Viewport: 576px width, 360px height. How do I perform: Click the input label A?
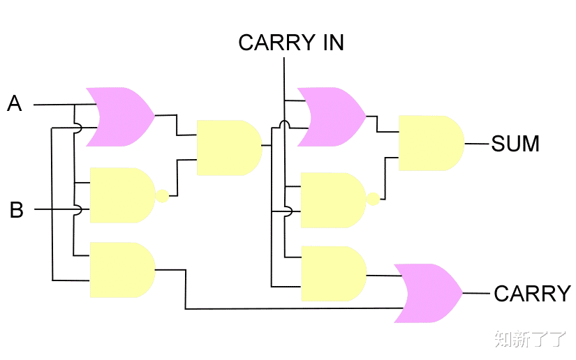click(15, 104)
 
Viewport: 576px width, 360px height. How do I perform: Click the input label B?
click(16, 209)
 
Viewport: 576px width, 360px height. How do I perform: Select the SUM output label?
click(515, 144)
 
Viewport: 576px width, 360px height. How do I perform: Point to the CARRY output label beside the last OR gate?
click(532, 294)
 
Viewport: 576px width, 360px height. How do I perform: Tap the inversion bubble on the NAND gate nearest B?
click(162, 195)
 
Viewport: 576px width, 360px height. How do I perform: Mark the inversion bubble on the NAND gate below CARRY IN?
click(374, 200)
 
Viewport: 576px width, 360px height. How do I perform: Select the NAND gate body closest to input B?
click(120, 195)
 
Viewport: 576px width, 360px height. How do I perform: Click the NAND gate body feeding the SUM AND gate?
click(332, 200)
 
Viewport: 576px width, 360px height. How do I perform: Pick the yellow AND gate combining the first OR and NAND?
click(228, 147)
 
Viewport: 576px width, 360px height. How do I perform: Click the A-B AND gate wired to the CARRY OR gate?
click(121, 270)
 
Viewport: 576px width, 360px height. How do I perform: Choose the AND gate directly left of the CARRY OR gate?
click(332, 273)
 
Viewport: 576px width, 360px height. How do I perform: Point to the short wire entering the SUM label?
click(476, 144)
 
